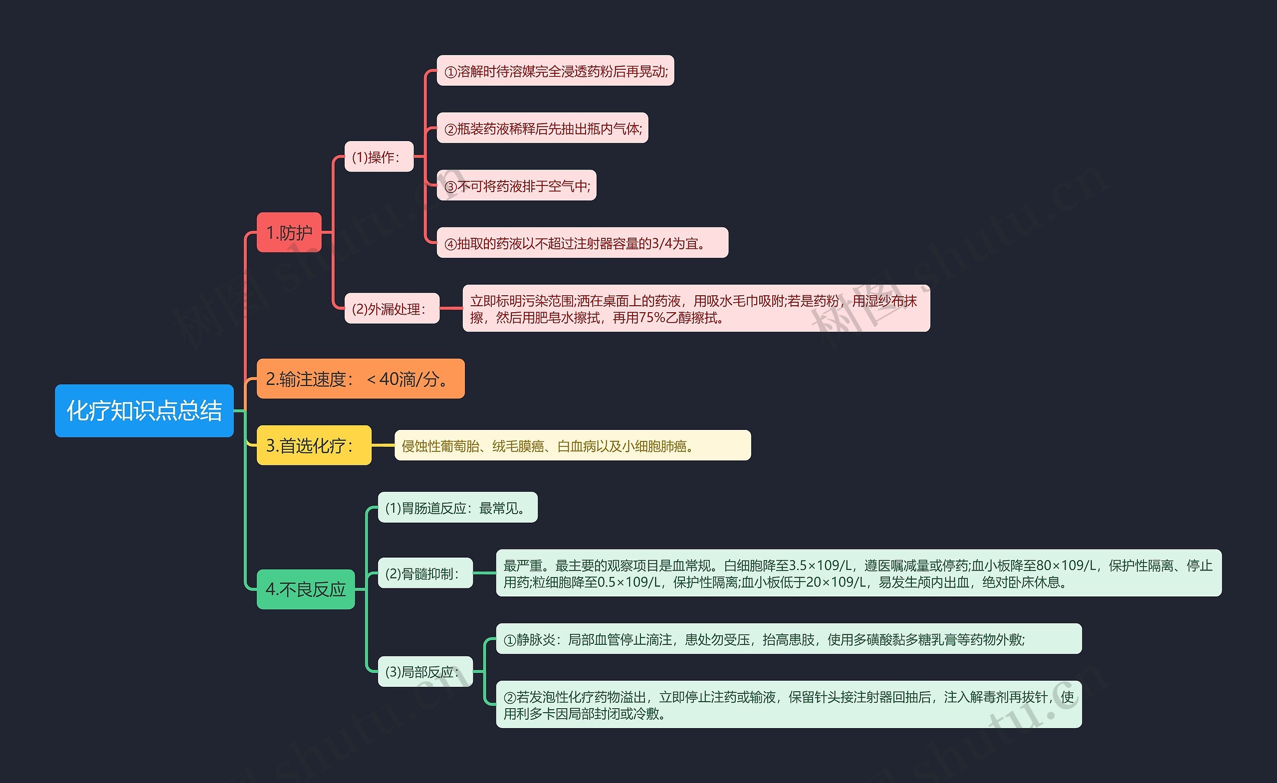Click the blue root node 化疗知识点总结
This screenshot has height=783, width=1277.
(x=144, y=410)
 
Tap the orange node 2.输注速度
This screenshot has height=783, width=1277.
(x=360, y=379)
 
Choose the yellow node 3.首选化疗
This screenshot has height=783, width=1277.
(x=314, y=445)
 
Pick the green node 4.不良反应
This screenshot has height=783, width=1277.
(x=305, y=589)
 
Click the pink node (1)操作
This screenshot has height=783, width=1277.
(x=379, y=157)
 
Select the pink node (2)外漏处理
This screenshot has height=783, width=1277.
(x=391, y=309)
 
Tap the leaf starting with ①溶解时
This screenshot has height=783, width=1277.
(x=555, y=71)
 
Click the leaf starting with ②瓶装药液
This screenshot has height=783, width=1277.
(x=542, y=128)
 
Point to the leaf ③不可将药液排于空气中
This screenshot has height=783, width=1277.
(x=516, y=186)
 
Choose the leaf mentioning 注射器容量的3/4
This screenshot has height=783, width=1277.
(x=582, y=242)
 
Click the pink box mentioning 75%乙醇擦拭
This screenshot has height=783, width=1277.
(x=695, y=309)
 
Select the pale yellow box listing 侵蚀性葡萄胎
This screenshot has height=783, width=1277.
(x=572, y=446)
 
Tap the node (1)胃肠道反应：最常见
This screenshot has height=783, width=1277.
(x=457, y=508)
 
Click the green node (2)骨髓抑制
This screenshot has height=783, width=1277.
(x=425, y=573)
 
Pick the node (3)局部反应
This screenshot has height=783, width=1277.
(x=425, y=672)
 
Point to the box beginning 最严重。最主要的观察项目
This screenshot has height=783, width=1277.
(x=858, y=573)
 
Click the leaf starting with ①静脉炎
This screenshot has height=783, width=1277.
(x=788, y=639)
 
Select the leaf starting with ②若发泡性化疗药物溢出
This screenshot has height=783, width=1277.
(x=788, y=705)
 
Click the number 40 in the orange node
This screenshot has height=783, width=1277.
(x=389, y=379)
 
